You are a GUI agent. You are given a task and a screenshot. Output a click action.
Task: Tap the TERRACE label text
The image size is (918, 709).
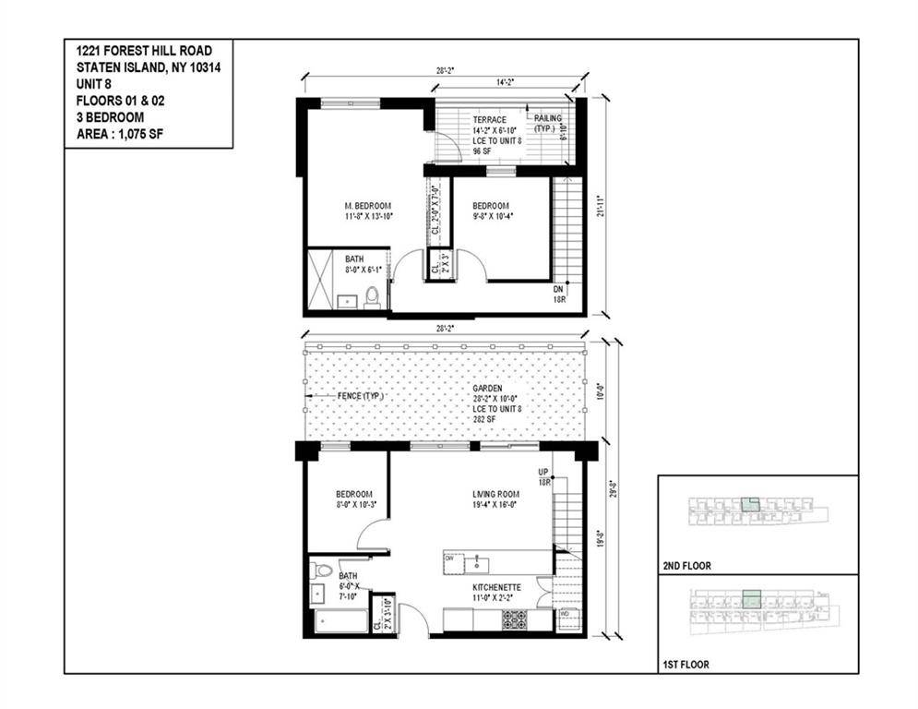pyautogui.click(x=490, y=120)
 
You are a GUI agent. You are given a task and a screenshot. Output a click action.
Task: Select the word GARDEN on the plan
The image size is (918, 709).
pyautogui.click(x=487, y=389)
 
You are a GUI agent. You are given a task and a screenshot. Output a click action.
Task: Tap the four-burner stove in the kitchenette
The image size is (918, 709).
pyautogui.click(x=514, y=619)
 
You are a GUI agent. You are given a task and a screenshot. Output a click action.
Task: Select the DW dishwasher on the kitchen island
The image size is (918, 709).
pyautogui.click(x=449, y=559)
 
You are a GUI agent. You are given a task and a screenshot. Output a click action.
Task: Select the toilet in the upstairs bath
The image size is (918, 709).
pyautogui.click(x=372, y=296)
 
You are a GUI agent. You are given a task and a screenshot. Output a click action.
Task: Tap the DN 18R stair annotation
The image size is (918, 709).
pyautogui.click(x=559, y=294)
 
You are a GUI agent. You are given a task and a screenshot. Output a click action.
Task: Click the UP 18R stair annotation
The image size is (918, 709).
pyautogui.click(x=543, y=477)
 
